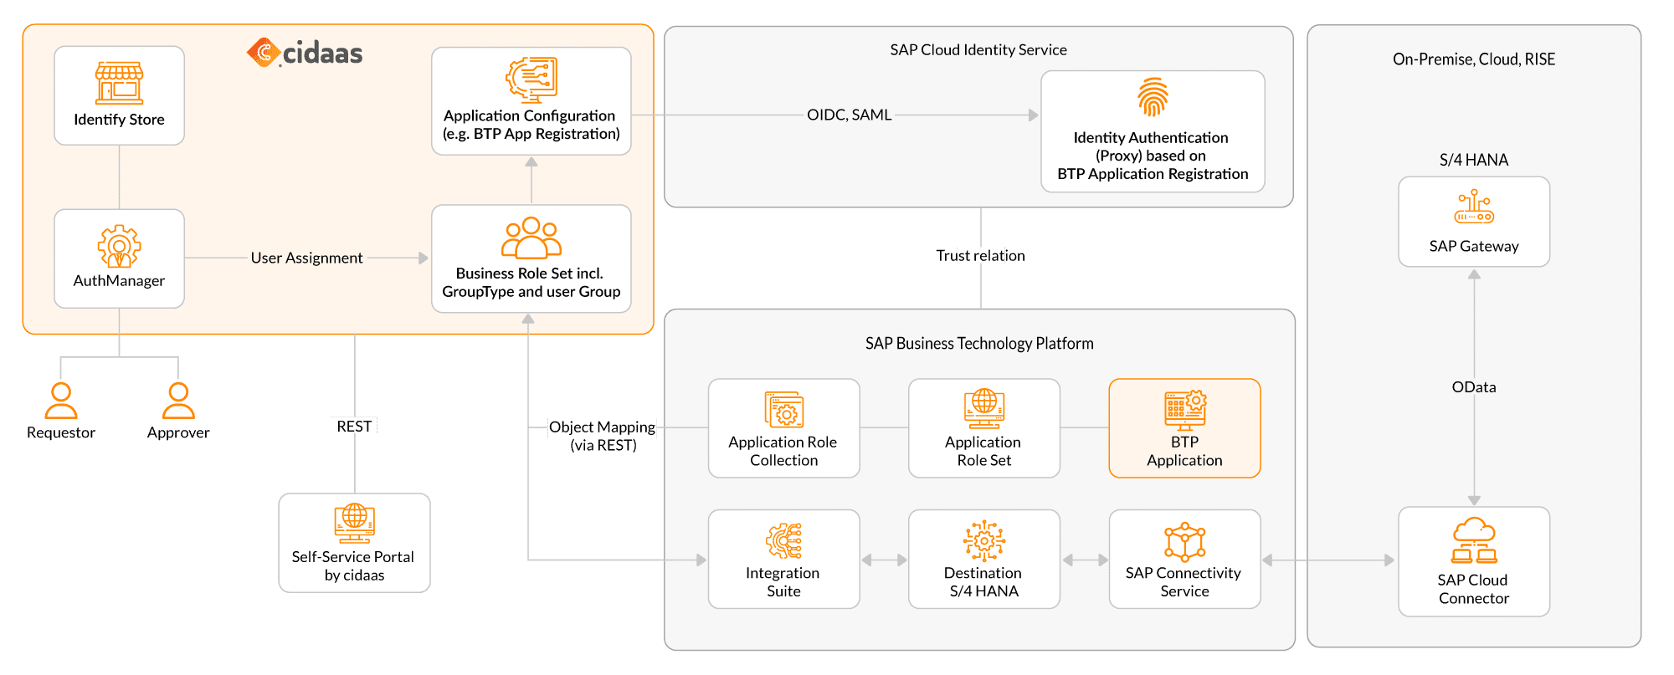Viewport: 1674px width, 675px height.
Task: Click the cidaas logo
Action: click(x=305, y=53)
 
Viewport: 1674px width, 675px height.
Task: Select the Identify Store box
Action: click(x=119, y=95)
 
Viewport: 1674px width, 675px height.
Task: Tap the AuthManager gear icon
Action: click(x=119, y=246)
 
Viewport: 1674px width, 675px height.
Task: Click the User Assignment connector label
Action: click(x=306, y=258)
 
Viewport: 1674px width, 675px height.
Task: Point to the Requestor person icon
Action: click(x=61, y=401)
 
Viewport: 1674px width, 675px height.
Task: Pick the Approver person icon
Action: click(x=178, y=401)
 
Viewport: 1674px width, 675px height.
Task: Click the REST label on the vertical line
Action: click(x=354, y=426)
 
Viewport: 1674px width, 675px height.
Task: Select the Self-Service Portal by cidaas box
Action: click(x=354, y=543)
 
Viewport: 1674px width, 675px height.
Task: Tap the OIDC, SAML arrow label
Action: click(x=849, y=115)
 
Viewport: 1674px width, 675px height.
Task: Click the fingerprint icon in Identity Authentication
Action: click(x=1153, y=98)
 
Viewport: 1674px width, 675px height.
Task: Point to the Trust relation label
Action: click(x=980, y=256)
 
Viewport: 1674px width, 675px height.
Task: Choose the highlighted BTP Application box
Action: click(x=1184, y=428)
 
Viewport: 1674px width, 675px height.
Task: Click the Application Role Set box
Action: click(x=983, y=428)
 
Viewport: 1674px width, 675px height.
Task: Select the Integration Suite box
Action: click(x=783, y=559)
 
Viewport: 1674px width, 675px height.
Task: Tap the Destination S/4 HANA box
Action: click(x=983, y=559)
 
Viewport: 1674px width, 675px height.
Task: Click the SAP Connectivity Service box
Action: click(x=1184, y=559)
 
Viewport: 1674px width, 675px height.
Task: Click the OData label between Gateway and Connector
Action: click(x=1474, y=387)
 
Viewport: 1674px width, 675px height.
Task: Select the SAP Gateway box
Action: click(x=1474, y=222)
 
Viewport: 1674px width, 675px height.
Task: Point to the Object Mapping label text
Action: click(x=602, y=427)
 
